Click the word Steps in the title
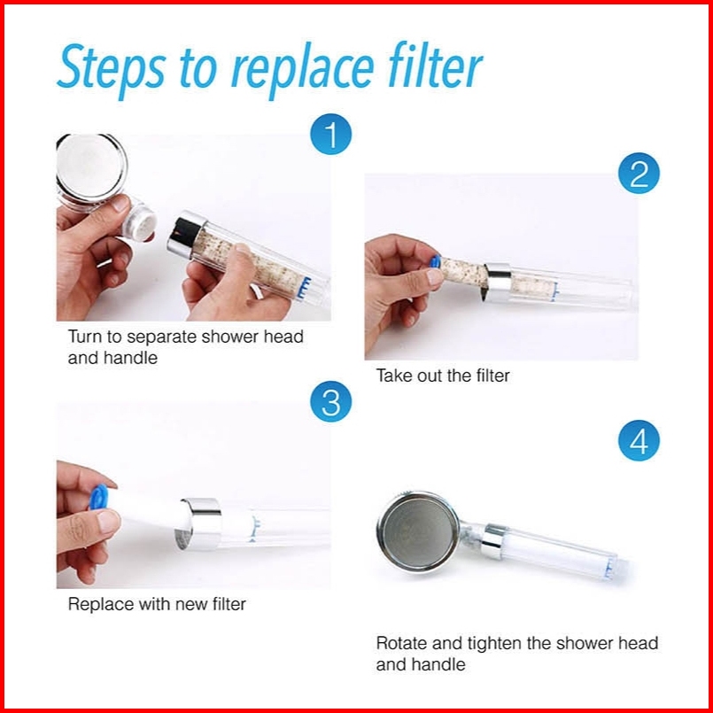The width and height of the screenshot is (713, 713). (112, 68)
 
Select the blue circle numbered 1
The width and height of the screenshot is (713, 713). (330, 134)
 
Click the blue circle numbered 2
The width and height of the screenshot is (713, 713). (639, 174)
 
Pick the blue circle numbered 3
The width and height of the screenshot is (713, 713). (330, 401)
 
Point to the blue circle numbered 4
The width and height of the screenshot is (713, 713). (639, 440)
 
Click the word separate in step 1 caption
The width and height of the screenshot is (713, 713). (161, 337)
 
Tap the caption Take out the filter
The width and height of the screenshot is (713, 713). (443, 376)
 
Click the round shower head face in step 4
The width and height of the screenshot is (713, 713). (418, 531)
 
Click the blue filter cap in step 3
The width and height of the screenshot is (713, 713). (98, 497)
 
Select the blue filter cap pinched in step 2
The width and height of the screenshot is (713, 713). (435, 261)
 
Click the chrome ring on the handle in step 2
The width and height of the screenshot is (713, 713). (498, 283)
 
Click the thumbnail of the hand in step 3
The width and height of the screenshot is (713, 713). (108, 522)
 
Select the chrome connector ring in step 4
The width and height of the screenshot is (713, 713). (494, 541)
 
